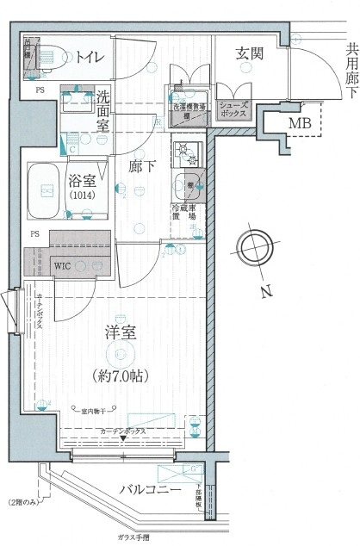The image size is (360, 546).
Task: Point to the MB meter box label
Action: point(298,122)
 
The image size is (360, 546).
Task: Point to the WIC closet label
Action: point(63,265)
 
